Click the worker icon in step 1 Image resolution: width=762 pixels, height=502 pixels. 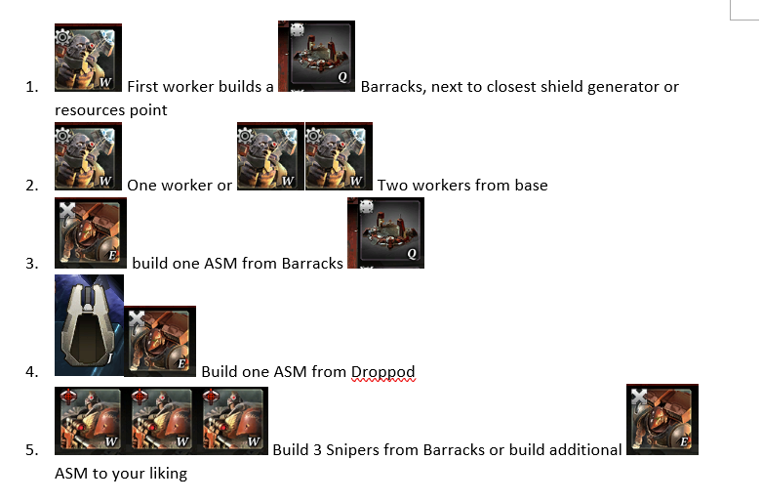click(x=88, y=58)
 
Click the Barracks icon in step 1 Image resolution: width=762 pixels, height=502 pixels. click(x=316, y=58)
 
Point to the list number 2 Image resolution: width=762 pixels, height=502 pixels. click(x=32, y=185)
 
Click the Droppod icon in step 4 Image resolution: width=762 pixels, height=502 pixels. click(x=89, y=325)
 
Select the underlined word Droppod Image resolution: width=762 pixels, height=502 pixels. click(x=382, y=372)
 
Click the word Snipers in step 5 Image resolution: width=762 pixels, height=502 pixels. click(x=390, y=450)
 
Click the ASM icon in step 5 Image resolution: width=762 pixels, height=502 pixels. click(x=662, y=420)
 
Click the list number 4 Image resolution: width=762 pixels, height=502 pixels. click(x=32, y=372)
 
